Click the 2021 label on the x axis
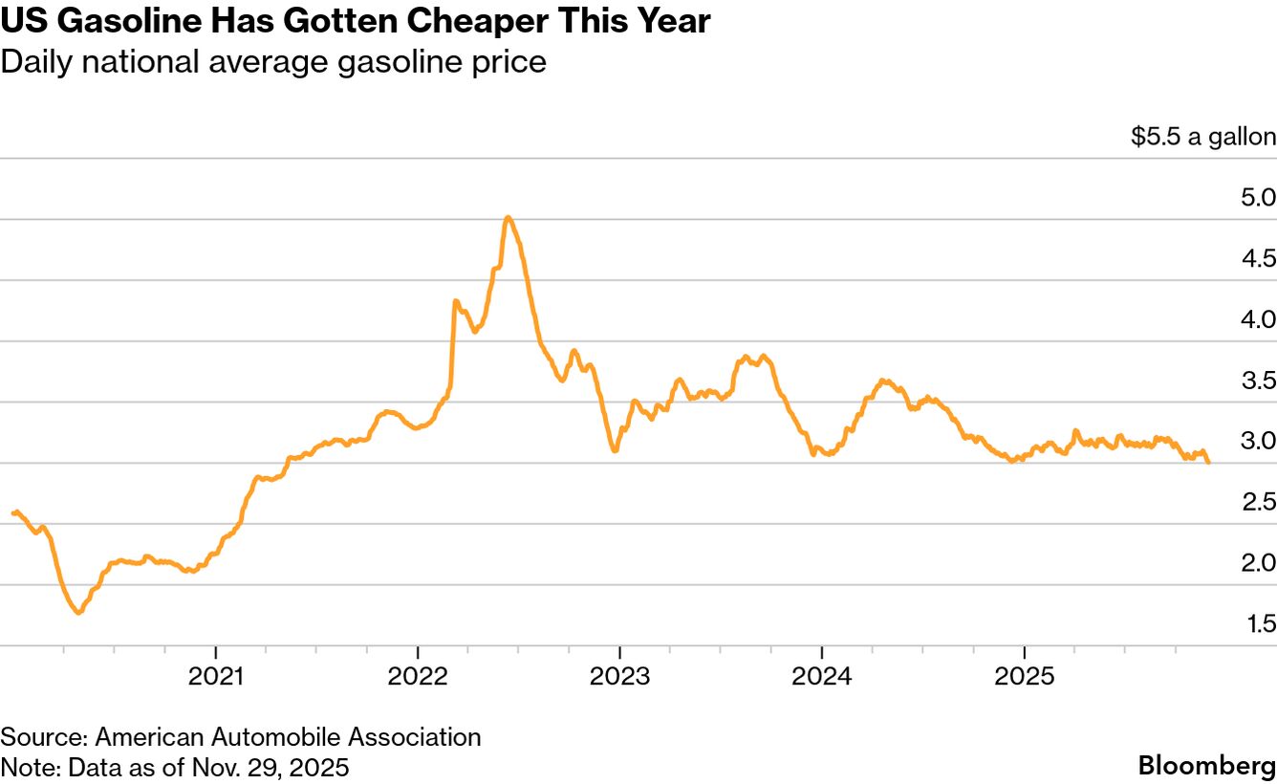(x=216, y=677)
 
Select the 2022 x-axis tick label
(x=418, y=677)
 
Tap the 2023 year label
(x=619, y=677)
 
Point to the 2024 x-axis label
(x=821, y=677)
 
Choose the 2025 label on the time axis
(x=1024, y=677)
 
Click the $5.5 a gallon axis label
(x=1202, y=137)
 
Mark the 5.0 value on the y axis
(x=1257, y=198)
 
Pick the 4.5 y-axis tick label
(x=1257, y=258)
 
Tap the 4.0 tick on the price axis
(x=1257, y=319)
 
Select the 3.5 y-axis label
(x=1257, y=381)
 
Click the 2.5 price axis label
(x=1257, y=502)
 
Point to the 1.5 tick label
(x=1259, y=623)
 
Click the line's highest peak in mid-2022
(x=508, y=218)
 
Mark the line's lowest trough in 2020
(x=78, y=612)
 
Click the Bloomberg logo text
(x=1206, y=765)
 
